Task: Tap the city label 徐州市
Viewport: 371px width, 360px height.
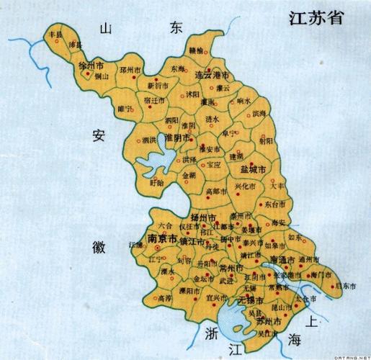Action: pos(88,66)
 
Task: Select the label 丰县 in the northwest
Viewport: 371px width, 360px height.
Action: pos(54,34)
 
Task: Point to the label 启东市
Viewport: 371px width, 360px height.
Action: pos(343,286)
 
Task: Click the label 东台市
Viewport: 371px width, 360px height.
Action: pos(274,204)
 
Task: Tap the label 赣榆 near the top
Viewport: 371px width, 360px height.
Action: pos(196,50)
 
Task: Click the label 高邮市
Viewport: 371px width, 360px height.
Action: pos(215,191)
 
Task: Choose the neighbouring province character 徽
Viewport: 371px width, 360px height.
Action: pos(99,248)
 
